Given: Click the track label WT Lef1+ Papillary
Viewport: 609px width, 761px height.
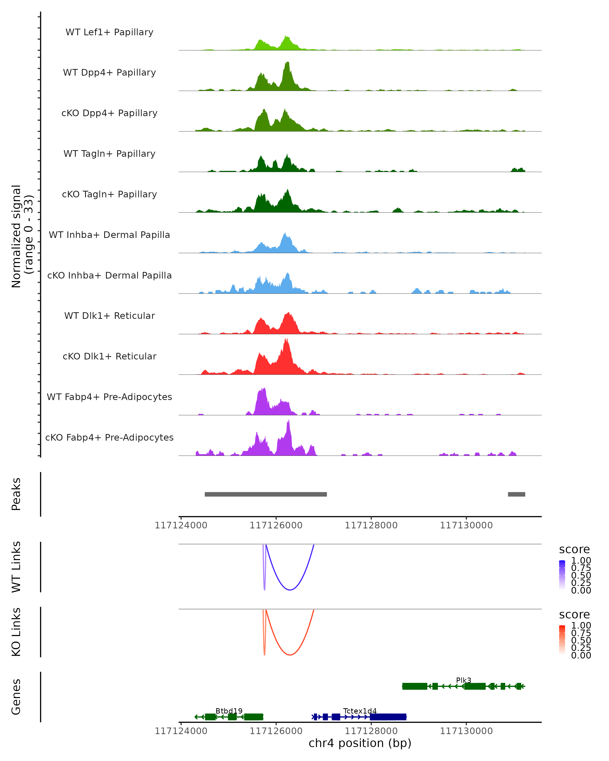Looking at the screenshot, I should pos(109,32).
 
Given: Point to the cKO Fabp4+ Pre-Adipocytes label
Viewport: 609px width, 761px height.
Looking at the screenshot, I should pos(109,437).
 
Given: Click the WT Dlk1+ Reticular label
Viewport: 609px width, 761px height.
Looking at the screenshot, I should pos(109,316).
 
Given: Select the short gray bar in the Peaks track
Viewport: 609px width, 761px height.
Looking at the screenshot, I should pos(516,494).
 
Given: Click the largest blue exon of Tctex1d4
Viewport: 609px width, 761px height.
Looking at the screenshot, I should pos(388,717).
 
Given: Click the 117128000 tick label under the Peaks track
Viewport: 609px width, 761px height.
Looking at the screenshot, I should pos(371,526).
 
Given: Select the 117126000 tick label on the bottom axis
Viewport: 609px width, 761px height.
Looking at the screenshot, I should pos(276,731).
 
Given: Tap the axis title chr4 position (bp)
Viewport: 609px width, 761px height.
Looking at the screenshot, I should pos(360,743).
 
